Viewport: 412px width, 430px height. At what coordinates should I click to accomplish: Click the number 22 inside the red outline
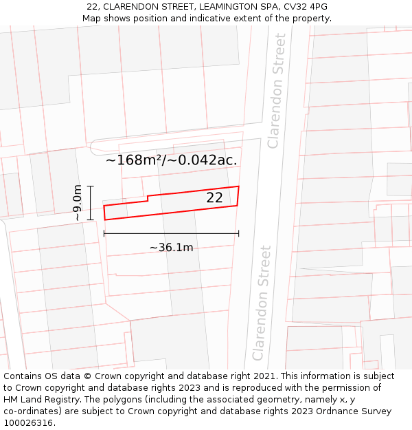click(x=214, y=197)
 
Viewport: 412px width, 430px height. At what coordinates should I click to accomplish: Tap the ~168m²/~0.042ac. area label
click(x=172, y=160)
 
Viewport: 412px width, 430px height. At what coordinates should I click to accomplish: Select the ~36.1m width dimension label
click(x=171, y=247)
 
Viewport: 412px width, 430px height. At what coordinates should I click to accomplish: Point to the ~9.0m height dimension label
click(x=78, y=202)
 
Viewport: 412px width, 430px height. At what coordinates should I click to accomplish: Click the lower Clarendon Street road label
click(x=262, y=303)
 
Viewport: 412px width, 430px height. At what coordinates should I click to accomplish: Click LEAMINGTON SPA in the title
click(x=236, y=7)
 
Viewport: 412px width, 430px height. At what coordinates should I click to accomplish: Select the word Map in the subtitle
click(x=92, y=19)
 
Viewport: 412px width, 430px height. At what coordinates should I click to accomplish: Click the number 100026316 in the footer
click(x=29, y=423)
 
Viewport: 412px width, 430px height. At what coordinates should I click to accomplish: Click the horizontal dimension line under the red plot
click(x=171, y=233)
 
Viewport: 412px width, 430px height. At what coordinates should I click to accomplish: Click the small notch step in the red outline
click(x=148, y=199)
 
